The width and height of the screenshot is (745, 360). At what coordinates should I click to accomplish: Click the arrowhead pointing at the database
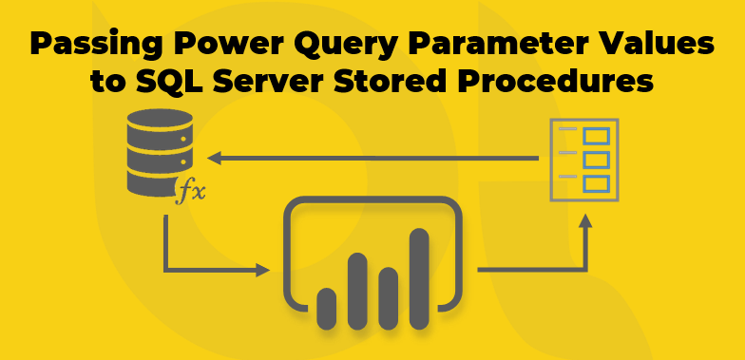(215, 157)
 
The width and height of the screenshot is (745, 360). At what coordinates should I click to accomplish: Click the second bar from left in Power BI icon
(357, 289)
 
